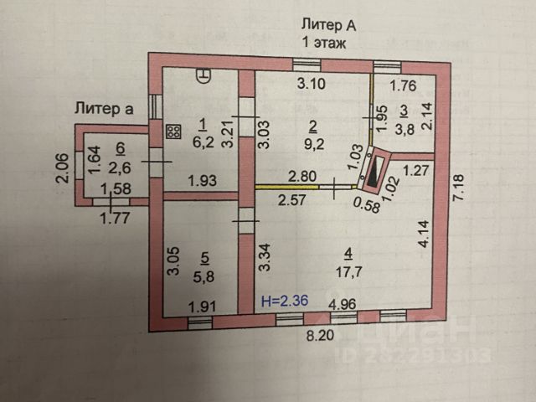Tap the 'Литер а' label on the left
click(x=105, y=106)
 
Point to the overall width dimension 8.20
click(x=317, y=338)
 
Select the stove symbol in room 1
click(x=174, y=131)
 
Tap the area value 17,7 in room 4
click(x=347, y=270)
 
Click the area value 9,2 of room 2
click(x=312, y=143)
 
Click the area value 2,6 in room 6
click(x=120, y=165)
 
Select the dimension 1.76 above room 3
click(x=403, y=84)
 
